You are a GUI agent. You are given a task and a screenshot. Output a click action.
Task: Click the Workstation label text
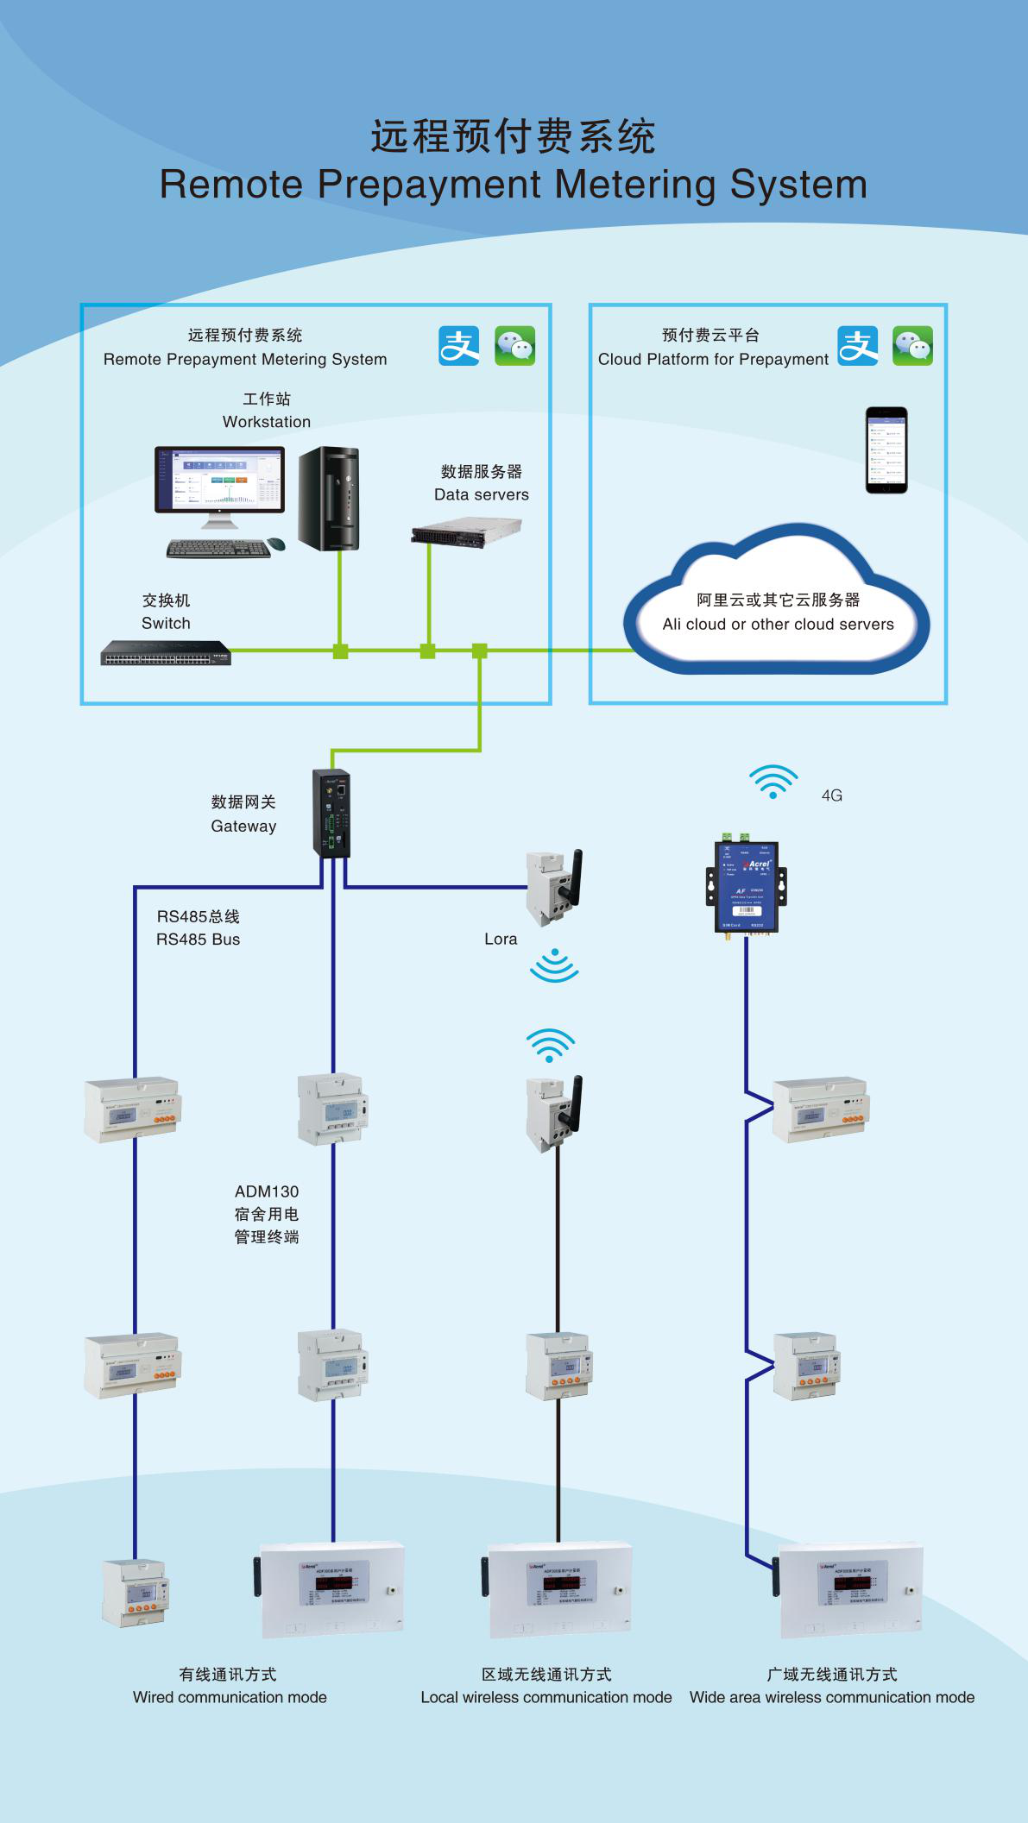coord(266,422)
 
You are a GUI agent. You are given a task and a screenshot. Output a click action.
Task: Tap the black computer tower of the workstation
coord(329,499)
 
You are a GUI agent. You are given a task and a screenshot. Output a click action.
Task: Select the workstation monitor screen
coord(219,479)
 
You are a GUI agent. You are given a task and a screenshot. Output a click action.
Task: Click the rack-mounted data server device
coord(466,531)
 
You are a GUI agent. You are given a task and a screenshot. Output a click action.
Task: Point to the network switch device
coord(166,653)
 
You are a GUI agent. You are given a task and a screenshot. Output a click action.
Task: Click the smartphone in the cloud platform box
coord(886,449)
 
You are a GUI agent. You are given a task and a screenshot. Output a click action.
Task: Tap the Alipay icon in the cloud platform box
coord(858,346)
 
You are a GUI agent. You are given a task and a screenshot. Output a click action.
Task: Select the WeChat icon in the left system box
coord(514,346)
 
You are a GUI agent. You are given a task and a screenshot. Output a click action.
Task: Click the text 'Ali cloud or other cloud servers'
coord(778,625)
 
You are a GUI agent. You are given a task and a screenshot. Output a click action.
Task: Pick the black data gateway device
coord(331,813)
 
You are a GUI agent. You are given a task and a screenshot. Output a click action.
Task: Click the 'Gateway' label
coord(243,827)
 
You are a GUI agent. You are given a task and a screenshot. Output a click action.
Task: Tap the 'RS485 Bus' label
coord(198,940)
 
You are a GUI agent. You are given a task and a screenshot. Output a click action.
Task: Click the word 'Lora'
coord(501,940)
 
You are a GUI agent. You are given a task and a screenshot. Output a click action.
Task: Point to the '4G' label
coord(831,795)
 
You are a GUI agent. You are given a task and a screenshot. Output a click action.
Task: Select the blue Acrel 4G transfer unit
coord(747,885)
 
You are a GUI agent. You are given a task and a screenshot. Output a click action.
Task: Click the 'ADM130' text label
coord(267,1191)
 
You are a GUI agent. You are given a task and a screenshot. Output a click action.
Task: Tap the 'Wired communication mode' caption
coord(230,1697)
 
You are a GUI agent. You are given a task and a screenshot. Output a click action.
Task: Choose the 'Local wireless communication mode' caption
coord(546,1697)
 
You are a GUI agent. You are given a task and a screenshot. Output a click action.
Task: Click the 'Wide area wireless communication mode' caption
coord(831,1697)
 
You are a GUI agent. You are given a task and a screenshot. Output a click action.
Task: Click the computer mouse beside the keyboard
coord(276,544)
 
